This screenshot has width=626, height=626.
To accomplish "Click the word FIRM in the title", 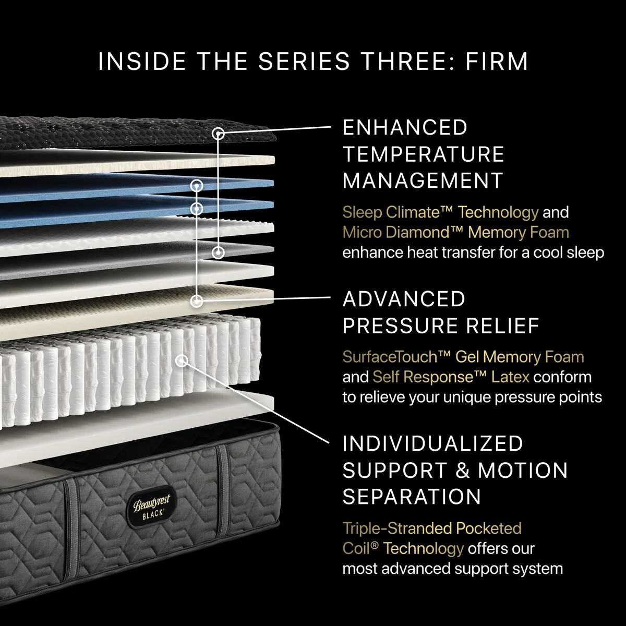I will tap(497, 62).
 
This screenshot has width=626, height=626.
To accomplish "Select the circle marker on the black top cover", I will tap(219, 134).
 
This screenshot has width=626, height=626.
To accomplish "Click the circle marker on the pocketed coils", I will tap(182, 360).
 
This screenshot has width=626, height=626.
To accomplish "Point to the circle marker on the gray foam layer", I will tap(218, 252).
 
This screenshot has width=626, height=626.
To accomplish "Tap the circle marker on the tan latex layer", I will tap(197, 300).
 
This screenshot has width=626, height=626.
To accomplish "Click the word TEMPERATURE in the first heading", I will tap(423, 154).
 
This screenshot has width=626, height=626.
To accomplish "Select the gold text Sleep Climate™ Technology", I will tap(440, 212).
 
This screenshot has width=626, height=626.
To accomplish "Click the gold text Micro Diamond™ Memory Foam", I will tap(455, 233).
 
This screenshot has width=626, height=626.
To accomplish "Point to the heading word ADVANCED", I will tap(404, 299).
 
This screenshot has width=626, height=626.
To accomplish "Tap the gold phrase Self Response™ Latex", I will tap(451, 377).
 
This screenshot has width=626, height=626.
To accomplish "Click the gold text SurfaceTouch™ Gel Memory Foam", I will tap(463, 357).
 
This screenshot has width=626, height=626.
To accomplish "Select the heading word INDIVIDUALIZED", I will tap(432, 444).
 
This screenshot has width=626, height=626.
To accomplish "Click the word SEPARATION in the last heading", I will tap(412, 497).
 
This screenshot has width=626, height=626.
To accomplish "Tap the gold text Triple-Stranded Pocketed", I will tap(431, 528).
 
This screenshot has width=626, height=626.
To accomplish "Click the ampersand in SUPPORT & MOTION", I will tap(463, 471).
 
